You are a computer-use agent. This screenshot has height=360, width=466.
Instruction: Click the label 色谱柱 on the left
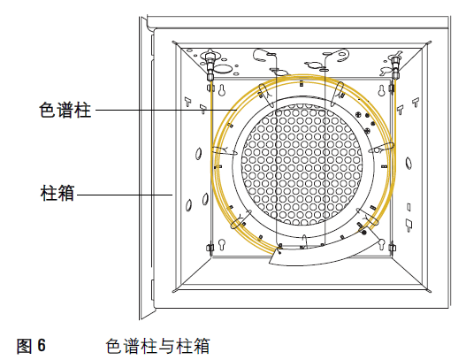pyautogui.click(x=65, y=111)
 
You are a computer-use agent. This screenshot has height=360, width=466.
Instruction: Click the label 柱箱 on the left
pyautogui.click(x=57, y=193)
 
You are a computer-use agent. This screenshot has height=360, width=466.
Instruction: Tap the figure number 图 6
pyautogui.click(x=31, y=346)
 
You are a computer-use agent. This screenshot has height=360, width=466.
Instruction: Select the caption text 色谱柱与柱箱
pyautogui.click(x=157, y=346)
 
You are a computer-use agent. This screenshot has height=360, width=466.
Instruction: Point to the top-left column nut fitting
pyautogui.click(x=210, y=65)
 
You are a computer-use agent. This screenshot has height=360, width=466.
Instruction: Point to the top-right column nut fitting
pyautogui.click(x=395, y=66)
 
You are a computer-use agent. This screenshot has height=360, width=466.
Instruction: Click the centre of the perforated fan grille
pyautogui.click(x=302, y=165)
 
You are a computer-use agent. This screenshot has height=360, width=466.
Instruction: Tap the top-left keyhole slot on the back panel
pyautogui.click(x=222, y=89)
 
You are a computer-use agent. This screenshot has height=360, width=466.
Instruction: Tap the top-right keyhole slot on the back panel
pyautogui.click(x=382, y=90)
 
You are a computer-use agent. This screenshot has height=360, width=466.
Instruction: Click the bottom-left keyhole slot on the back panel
pyautogui.click(x=222, y=244)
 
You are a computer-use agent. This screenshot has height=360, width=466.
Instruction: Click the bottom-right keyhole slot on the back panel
pyautogui.click(x=382, y=244)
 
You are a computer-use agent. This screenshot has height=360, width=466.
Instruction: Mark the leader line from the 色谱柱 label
pyautogui.click(x=166, y=111)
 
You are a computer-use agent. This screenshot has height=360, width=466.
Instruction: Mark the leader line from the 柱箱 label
pyautogui.click(x=125, y=195)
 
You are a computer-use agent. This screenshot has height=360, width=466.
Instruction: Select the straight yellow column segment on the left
pyautogui.click(x=211, y=113)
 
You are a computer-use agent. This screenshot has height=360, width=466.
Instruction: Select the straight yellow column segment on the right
pyautogui.click(x=395, y=112)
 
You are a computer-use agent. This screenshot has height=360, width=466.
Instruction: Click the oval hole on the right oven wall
pyautogui.click(x=409, y=163)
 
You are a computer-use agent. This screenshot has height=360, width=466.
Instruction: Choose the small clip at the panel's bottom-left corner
pyautogui.click(x=210, y=248)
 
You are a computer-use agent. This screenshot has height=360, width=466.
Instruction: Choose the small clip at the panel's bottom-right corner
pyautogui.click(x=392, y=248)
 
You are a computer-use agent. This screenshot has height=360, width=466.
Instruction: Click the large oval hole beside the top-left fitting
pyautogui.click(x=224, y=69)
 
